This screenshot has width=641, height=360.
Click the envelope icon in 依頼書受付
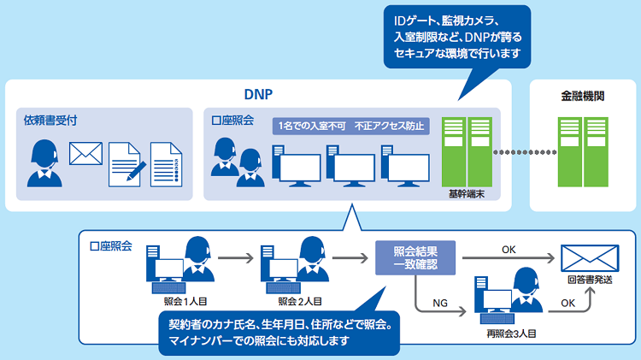pos(85,153)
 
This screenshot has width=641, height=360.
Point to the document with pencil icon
pos(124,162)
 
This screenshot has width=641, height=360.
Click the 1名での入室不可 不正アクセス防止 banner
pos(350,126)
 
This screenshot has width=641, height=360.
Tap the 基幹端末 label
pos(465,194)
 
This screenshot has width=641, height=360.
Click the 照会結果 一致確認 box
pos(415,257)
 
